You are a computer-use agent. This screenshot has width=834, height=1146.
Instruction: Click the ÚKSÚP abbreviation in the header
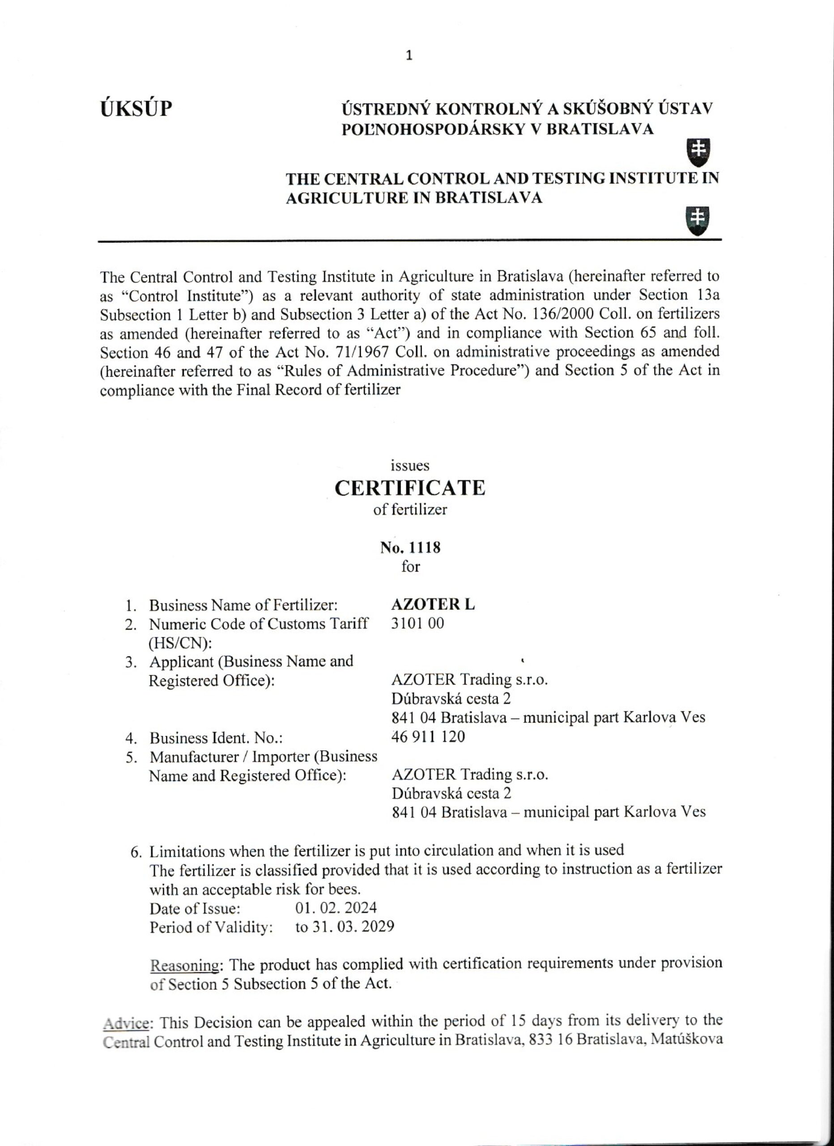(136, 109)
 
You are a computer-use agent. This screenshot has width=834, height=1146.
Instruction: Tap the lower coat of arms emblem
(697, 220)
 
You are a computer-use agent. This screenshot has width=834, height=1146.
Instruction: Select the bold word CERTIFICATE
(410, 488)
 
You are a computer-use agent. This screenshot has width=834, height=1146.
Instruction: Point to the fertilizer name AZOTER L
(433, 605)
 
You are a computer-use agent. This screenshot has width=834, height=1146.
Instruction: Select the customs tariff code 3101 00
(418, 624)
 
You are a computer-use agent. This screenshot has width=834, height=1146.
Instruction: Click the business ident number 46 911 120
(428, 737)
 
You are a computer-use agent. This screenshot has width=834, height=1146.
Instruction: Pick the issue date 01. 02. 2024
(336, 908)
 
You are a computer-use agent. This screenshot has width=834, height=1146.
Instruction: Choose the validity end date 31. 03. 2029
(352, 927)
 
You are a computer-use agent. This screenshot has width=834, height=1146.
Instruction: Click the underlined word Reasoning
(184, 965)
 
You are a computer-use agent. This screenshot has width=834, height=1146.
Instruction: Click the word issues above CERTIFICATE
(410, 466)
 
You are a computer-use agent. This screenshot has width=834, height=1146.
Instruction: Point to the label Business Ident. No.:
(216, 738)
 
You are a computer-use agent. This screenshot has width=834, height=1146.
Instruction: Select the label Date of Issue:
(195, 908)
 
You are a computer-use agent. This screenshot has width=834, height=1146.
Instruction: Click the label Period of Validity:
(211, 927)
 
